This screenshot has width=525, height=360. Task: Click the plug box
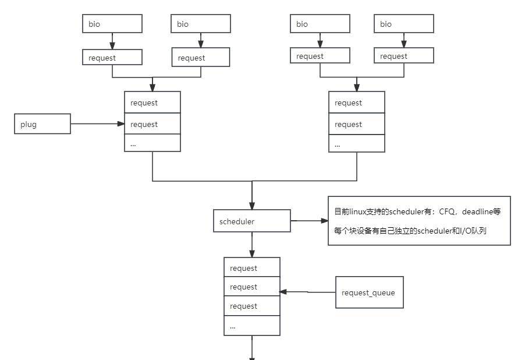point(42,124)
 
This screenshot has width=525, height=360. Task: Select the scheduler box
point(251,221)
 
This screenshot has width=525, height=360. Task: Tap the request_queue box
point(369,292)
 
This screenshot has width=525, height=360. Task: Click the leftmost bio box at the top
point(112,24)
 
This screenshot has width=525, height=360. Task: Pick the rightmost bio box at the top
point(404,24)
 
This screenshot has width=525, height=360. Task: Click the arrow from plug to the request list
point(97,123)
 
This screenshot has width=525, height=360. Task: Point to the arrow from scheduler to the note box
point(309,221)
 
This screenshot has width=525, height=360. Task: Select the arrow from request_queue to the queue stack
point(307,292)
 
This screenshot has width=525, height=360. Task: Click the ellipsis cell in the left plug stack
point(152,143)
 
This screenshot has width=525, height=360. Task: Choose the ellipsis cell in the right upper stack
point(356,143)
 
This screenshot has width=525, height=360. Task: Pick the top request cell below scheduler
point(252,268)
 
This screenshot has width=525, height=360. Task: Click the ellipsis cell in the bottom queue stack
point(252,326)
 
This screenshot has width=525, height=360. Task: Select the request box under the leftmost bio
point(112,57)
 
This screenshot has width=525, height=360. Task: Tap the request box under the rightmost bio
point(404,56)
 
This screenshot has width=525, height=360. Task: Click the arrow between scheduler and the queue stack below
point(252,245)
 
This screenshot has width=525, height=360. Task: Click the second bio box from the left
point(201,24)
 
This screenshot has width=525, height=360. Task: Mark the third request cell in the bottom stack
point(252,306)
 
